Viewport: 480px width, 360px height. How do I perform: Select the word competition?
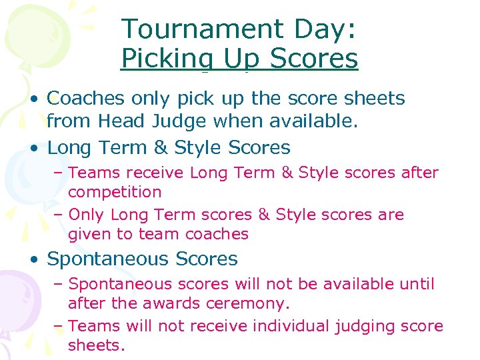pyautogui.click(x=115, y=193)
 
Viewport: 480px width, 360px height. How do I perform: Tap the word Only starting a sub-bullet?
pyautogui.click(x=87, y=215)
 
